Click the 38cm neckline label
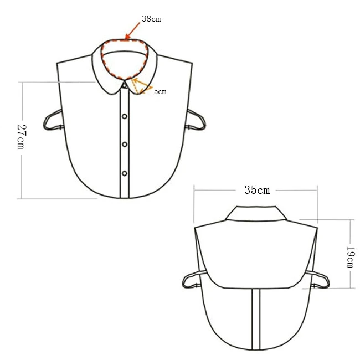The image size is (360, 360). click(x=151, y=19)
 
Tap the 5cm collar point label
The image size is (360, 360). click(x=160, y=91)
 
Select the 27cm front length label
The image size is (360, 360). click(x=22, y=137)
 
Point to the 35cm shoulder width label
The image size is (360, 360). click(x=257, y=190)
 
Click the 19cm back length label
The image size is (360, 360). click(x=351, y=258)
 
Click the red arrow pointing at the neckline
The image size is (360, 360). click(x=133, y=30)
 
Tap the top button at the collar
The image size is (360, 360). click(x=125, y=86)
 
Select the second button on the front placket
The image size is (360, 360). click(x=125, y=116)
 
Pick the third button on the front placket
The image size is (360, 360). click(x=125, y=145)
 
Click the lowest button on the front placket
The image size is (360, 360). click(x=125, y=173)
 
